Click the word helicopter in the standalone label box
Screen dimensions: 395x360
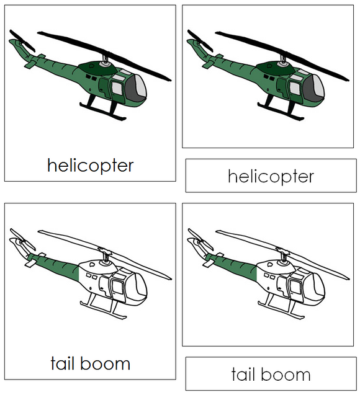(x=271, y=177)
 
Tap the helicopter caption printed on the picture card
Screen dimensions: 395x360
(x=90, y=166)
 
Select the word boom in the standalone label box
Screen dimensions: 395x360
(x=286, y=374)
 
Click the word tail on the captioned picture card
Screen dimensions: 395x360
(x=63, y=363)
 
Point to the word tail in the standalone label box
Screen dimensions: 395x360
(x=244, y=374)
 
